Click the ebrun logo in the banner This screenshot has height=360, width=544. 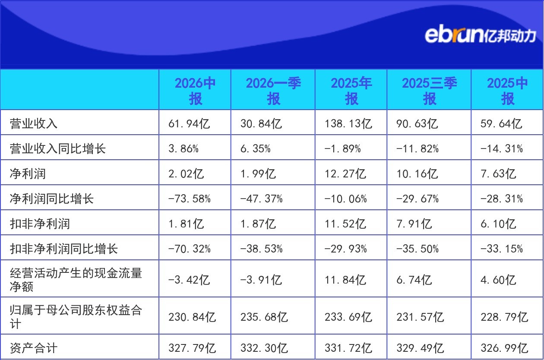(x=480, y=35)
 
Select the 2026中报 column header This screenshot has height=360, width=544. (x=195, y=91)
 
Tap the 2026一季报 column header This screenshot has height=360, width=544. (x=273, y=91)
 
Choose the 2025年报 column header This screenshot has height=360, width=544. (x=351, y=91)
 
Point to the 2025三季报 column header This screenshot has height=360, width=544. (x=430, y=91)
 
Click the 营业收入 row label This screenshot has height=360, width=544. (x=34, y=123)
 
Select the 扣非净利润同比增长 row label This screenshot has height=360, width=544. (x=64, y=249)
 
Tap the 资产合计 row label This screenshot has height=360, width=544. (x=34, y=348)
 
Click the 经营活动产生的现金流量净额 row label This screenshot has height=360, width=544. (x=76, y=280)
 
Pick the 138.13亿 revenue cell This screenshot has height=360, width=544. (x=348, y=123)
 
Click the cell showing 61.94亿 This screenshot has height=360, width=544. (x=189, y=123)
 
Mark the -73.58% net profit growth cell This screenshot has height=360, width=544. (x=189, y=199)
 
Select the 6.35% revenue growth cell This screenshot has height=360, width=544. (x=256, y=148)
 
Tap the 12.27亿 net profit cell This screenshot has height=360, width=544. (x=345, y=174)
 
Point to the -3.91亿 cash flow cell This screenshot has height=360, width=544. (x=261, y=280)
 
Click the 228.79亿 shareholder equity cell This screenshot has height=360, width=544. (x=504, y=317)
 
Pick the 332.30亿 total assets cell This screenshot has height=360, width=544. (x=264, y=348)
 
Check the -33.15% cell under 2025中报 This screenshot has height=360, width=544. (x=502, y=249)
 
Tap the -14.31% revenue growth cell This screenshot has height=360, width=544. (x=502, y=148)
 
